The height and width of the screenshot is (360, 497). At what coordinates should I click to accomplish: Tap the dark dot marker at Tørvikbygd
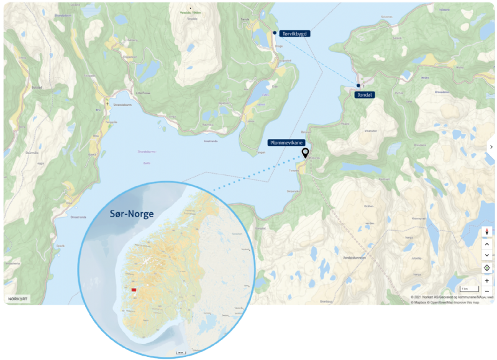point(275,32)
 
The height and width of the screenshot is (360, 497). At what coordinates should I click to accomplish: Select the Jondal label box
point(364,95)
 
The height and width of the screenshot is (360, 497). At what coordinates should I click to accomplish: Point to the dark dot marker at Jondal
point(358,86)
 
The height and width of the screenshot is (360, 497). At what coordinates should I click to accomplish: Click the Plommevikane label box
point(286,142)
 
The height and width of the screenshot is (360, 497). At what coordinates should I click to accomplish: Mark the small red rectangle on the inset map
point(134,289)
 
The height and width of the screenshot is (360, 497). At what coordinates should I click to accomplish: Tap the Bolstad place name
point(37,88)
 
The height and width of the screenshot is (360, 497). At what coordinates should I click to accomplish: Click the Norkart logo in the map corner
point(17,299)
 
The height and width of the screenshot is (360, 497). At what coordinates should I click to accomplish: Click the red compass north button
point(486,232)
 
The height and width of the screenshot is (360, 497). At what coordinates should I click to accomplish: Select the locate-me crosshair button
point(486,268)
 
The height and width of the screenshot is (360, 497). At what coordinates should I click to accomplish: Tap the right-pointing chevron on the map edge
point(491,147)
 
